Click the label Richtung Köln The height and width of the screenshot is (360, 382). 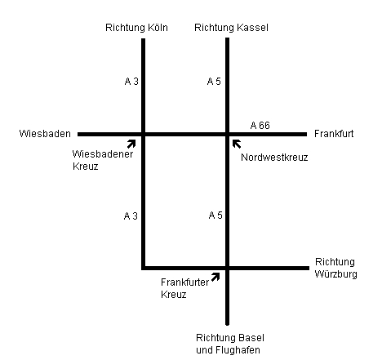pyautogui.click(x=136, y=28)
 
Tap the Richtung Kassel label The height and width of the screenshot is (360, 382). pyautogui.click(x=231, y=28)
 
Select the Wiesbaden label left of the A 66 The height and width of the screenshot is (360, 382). pyautogui.click(x=45, y=134)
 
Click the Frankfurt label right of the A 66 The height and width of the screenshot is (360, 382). pyautogui.click(x=334, y=134)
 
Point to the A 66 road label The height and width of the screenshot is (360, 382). pyautogui.click(x=260, y=125)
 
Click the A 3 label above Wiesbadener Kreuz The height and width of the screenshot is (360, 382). pyautogui.click(x=131, y=81)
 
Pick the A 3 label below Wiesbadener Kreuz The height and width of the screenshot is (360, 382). pyautogui.click(x=131, y=216)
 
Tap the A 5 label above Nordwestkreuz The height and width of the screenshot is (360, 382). pyautogui.click(x=214, y=81)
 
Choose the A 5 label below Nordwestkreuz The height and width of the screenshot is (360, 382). pyautogui.click(x=215, y=216)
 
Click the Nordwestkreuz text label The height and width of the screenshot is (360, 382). pyautogui.click(x=274, y=158)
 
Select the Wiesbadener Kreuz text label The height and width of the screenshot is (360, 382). pyautogui.click(x=103, y=160)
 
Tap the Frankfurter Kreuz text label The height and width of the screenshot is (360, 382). pyautogui.click(x=184, y=288)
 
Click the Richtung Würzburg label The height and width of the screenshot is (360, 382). pyautogui.click(x=336, y=268)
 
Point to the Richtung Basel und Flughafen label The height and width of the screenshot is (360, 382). pyautogui.click(x=230, y=344)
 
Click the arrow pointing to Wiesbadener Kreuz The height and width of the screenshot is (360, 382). pyautogui.click(x=131, y=144)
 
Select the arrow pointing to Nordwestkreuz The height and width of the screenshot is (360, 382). pyautogui.click(x=237, y=144)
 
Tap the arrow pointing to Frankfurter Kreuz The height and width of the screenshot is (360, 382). pyautogui.click(x=215, y=277)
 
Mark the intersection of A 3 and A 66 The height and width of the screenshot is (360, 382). pyautogui.click(x=144, y=134)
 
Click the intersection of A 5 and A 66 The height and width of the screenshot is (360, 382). pyautogui.click(x=228, y=134)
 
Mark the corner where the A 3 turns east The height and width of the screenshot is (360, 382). pyautogui.click(x=144, y=268)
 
